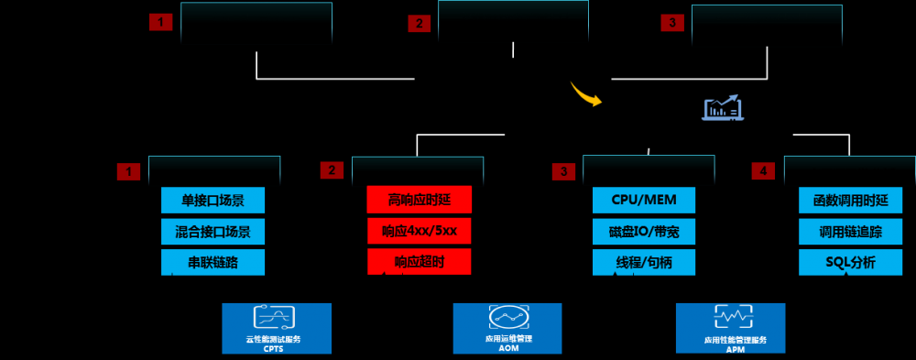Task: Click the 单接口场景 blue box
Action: [x=213, y=200]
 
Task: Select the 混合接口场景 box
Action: [x=213, y=231]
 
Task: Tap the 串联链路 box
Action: [x=213, y=262]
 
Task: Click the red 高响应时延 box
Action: [x=419, y=200]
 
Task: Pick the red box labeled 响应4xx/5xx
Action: [x=419, y=231]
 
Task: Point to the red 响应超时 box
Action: [x=419, y=262]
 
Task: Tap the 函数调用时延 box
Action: [x=850, y=200]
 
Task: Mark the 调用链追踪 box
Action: [x=850, y=231]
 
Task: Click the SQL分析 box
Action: [x=850, y=262]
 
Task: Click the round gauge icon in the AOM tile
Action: [x=506, y=319]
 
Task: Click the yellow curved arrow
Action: [x=585, y=93]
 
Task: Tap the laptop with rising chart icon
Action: [x=723, y=108]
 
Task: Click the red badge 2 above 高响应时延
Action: [x=332, y=170]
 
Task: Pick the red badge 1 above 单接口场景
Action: [x=128, y=170]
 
